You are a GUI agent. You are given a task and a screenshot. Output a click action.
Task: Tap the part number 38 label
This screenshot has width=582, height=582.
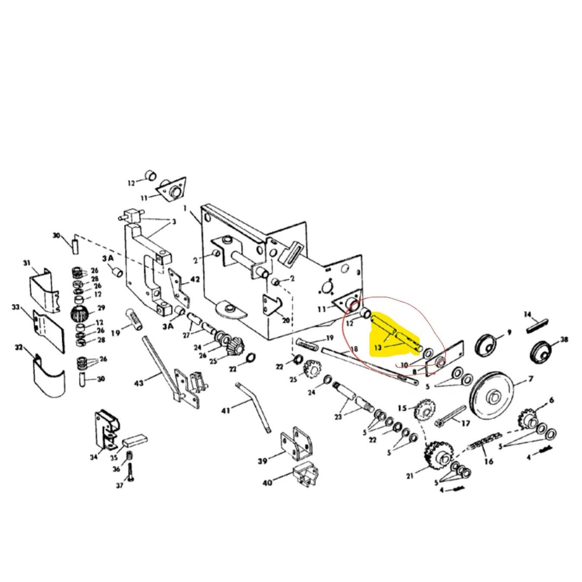pyautogui.click(x=564, y=340)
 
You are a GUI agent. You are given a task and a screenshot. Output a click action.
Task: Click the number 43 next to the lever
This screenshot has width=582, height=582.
pyautogui.click(x=139, y=383)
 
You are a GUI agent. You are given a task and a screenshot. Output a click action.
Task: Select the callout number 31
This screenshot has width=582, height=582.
pyautogui.click(x=27, y=263)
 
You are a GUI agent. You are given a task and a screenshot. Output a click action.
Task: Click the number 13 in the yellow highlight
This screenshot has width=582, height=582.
pyautogui.click(x=378, y=348)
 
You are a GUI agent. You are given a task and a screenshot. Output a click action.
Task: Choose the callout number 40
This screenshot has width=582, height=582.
pyautogui.click(x=267, y=482)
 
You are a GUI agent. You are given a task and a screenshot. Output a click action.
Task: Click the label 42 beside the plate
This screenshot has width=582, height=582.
pyautogui.click(x=195, y=280)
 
